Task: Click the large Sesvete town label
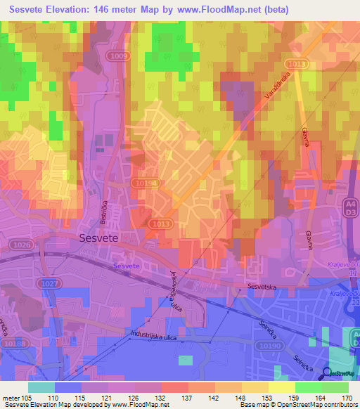pyautogui.click(x=98, y=238)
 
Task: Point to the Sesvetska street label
pyautogui.click(x=263, y=286)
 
